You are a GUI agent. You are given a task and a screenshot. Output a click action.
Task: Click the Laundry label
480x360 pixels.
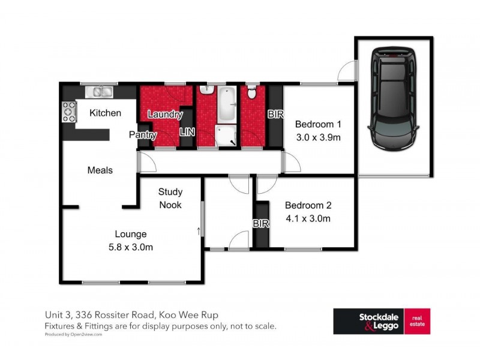point(164,114)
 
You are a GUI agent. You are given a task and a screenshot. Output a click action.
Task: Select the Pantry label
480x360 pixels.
point(143,135)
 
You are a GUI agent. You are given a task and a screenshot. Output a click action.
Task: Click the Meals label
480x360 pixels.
point(100,170)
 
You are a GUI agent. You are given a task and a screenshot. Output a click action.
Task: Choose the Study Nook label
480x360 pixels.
point(170,198)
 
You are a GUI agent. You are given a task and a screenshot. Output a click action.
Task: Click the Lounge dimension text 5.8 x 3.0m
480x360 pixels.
point(131,247)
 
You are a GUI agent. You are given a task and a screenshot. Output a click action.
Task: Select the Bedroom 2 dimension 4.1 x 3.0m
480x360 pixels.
point(308,218)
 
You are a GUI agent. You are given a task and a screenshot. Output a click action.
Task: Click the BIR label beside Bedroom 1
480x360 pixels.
point(275,113)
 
